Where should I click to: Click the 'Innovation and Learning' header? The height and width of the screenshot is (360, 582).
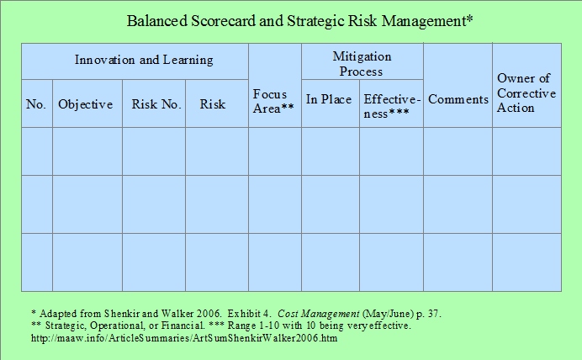tap(144, 60)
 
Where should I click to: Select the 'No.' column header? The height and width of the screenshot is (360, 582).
tap(36, 104)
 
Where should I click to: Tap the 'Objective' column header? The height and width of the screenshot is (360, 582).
tap(86, 104)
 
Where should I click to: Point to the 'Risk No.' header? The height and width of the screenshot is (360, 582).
tap(156, 104)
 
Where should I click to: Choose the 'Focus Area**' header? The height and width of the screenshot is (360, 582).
tap(273, 101)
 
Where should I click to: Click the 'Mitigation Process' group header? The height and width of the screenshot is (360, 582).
tap(362, 63)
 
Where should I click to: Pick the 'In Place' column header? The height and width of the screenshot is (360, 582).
tap(329, 99)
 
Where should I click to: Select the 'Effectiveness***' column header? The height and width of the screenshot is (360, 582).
tap(392, 106)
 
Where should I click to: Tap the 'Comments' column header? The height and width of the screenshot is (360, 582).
tap(458, 99)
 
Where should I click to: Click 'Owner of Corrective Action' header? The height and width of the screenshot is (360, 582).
tap(526, 93)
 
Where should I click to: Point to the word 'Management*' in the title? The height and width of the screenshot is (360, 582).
tap(427, 21)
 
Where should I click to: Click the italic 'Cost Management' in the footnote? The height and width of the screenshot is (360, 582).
tap(319, 314)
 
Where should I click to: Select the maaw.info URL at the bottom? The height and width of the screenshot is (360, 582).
tap(184, 338)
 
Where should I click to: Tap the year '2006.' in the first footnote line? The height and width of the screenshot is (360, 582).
tap(209, 314)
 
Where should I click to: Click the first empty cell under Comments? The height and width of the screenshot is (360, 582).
tap(458, 151)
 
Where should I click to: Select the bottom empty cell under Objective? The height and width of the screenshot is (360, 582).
tap(87, 262)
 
